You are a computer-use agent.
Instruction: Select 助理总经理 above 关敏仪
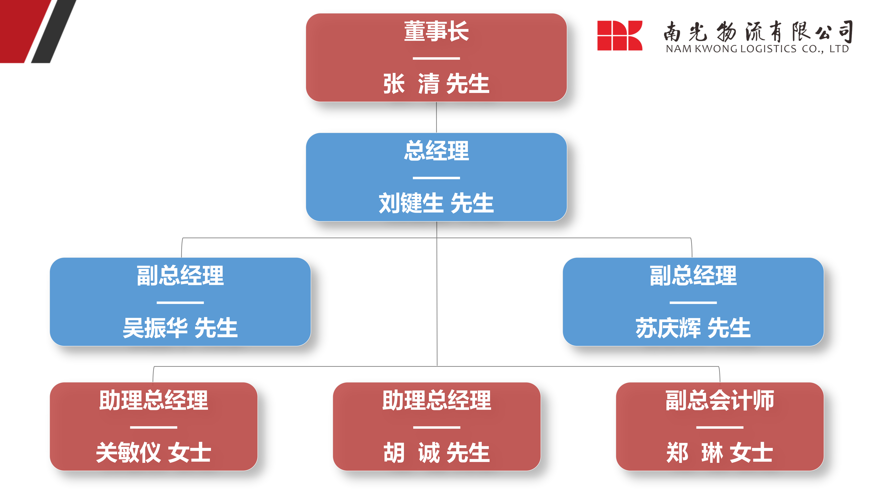[154, 400]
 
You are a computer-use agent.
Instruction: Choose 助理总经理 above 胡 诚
[436, 400]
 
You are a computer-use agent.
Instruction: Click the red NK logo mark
[620, 36]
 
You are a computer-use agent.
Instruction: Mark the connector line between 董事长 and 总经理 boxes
[436, 117]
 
